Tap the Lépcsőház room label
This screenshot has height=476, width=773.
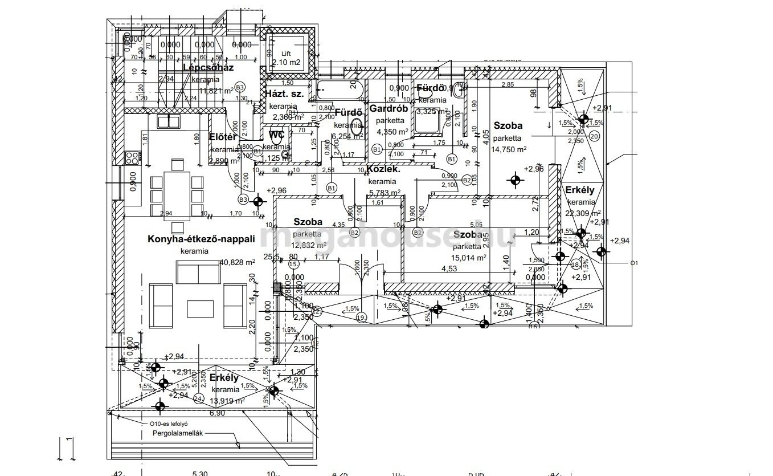click(x=208, y=68)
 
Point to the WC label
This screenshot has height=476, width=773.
click(x=277, y=135)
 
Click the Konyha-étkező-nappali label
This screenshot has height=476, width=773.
click(x=201, y=239)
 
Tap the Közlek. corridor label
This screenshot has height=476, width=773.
click(x=383, y=169)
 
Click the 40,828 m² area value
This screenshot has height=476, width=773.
click(x=237, y=262)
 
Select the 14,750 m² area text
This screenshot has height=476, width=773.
click(x=509, y=149)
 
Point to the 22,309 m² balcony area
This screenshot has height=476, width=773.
click(x=580, y=213)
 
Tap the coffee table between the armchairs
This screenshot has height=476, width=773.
click(x=200, y=308)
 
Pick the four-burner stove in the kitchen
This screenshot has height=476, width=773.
click(x=133, y=157)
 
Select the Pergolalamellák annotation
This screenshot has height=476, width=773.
click(x=178, y=433)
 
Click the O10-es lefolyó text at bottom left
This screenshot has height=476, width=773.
click(x=169, y=424)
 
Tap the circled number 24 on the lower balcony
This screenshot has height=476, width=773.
click(x=198, y=398)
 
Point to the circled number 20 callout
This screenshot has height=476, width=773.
click(x=594, y=136)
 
